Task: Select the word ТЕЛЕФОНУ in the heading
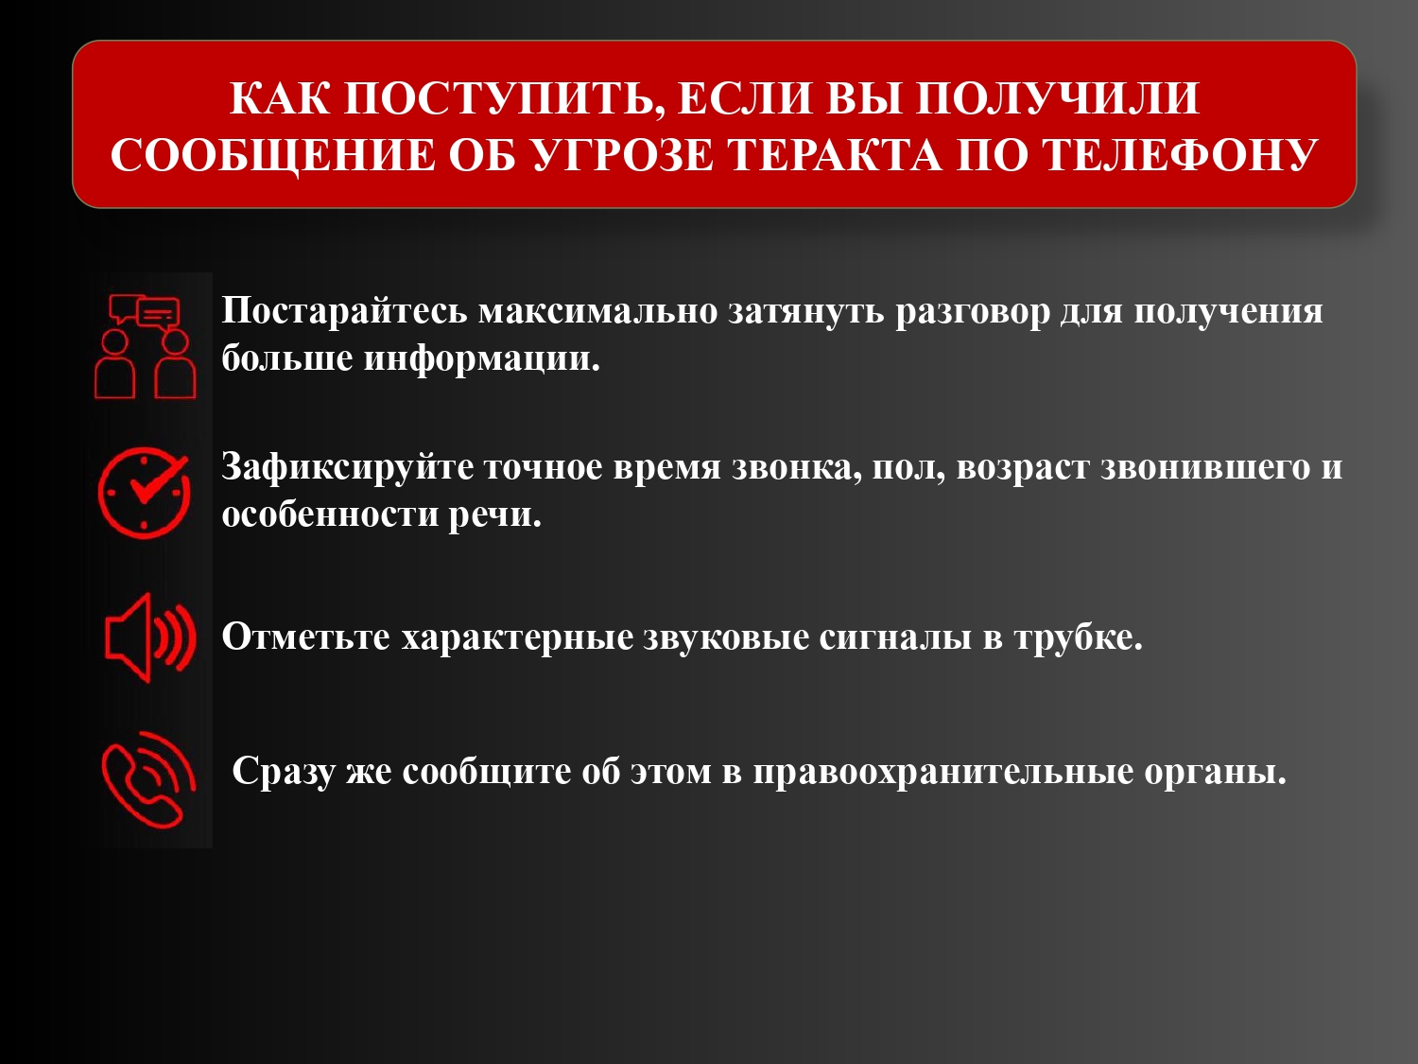pyautogui.click(x=1181, y=156)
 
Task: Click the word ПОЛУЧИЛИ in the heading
pyautogui.click(x=1058, y=99)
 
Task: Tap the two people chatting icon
pyautogui.click(x=146, y=347)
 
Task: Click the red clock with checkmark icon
pyautogui.click(x=144, y=492)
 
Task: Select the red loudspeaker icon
pyautogui.click(x=150, y=637)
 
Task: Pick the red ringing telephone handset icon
pyautogui.click(x=148, y=779)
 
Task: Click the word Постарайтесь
pyautogui.click(x=344, y=311)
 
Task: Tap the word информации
pyautogui.click(x=482, y=358)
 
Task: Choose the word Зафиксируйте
pyautogui.click(x=348, y=468)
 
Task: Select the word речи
pyautogui.click(x=495, y=515)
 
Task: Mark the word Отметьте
pyautogui.click(x=306, y=637)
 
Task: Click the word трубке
pyautogui.click(x=1079, y=637)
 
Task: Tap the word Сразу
pyautogui.click(x=283, y=771)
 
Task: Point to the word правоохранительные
pyautogui.click(x=943, y=772)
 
